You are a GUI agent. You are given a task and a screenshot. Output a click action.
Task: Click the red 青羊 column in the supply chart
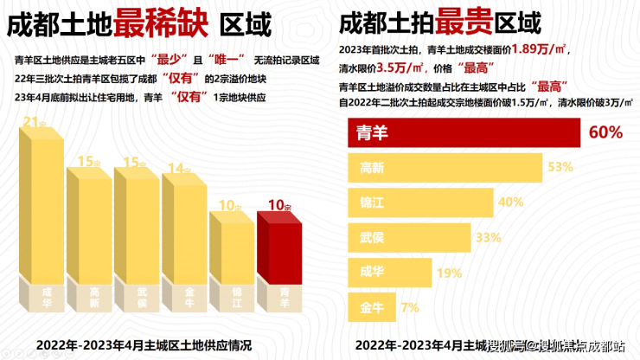pyautogui.click(x=279, y=264)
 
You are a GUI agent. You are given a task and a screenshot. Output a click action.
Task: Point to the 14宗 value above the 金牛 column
pyautogui.click(x=178, y=169)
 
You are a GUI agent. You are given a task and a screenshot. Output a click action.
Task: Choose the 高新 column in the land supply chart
pyautogui.click(x=90, y=247)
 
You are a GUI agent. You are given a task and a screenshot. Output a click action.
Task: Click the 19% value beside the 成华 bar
pyautogui.click(x=449, y=272)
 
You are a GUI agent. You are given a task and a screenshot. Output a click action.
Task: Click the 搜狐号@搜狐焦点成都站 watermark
pyautogui.click(x=554, y=346)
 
